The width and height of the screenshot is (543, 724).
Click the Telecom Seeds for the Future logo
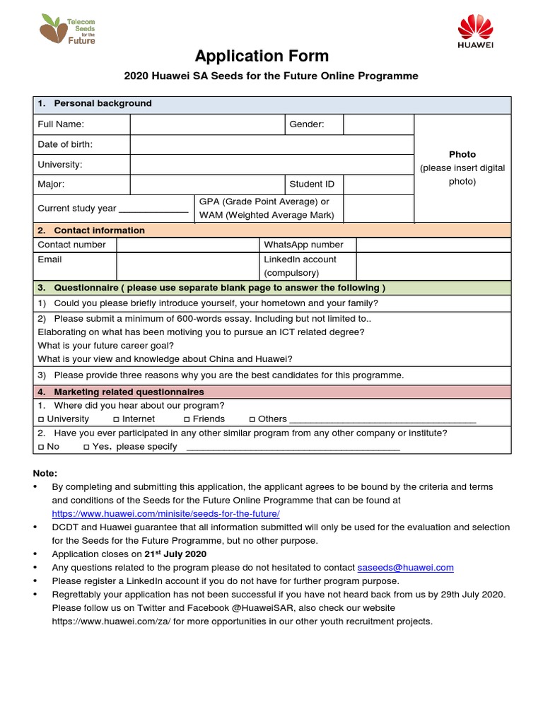pos(68,30)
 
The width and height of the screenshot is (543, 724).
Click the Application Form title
pos(262,56)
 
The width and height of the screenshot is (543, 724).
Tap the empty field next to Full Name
pos(206,124)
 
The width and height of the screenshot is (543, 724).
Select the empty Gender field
pos(378,124)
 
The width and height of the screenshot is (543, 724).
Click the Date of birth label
pos(65,144)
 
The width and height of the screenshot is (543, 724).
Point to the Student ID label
pos(312,185)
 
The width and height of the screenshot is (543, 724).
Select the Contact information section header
pos(99,230)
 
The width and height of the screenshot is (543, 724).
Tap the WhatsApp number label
pos(303,245)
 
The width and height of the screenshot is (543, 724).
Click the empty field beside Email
pos(187,266)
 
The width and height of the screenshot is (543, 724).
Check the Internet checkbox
pos(116,419)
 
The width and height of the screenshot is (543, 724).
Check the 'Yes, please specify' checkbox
pos(86,447)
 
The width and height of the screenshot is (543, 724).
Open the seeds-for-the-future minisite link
pos(165,513)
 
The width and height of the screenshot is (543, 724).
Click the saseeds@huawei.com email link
pos(405,567)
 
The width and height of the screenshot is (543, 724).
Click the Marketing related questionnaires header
pos(129,392)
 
